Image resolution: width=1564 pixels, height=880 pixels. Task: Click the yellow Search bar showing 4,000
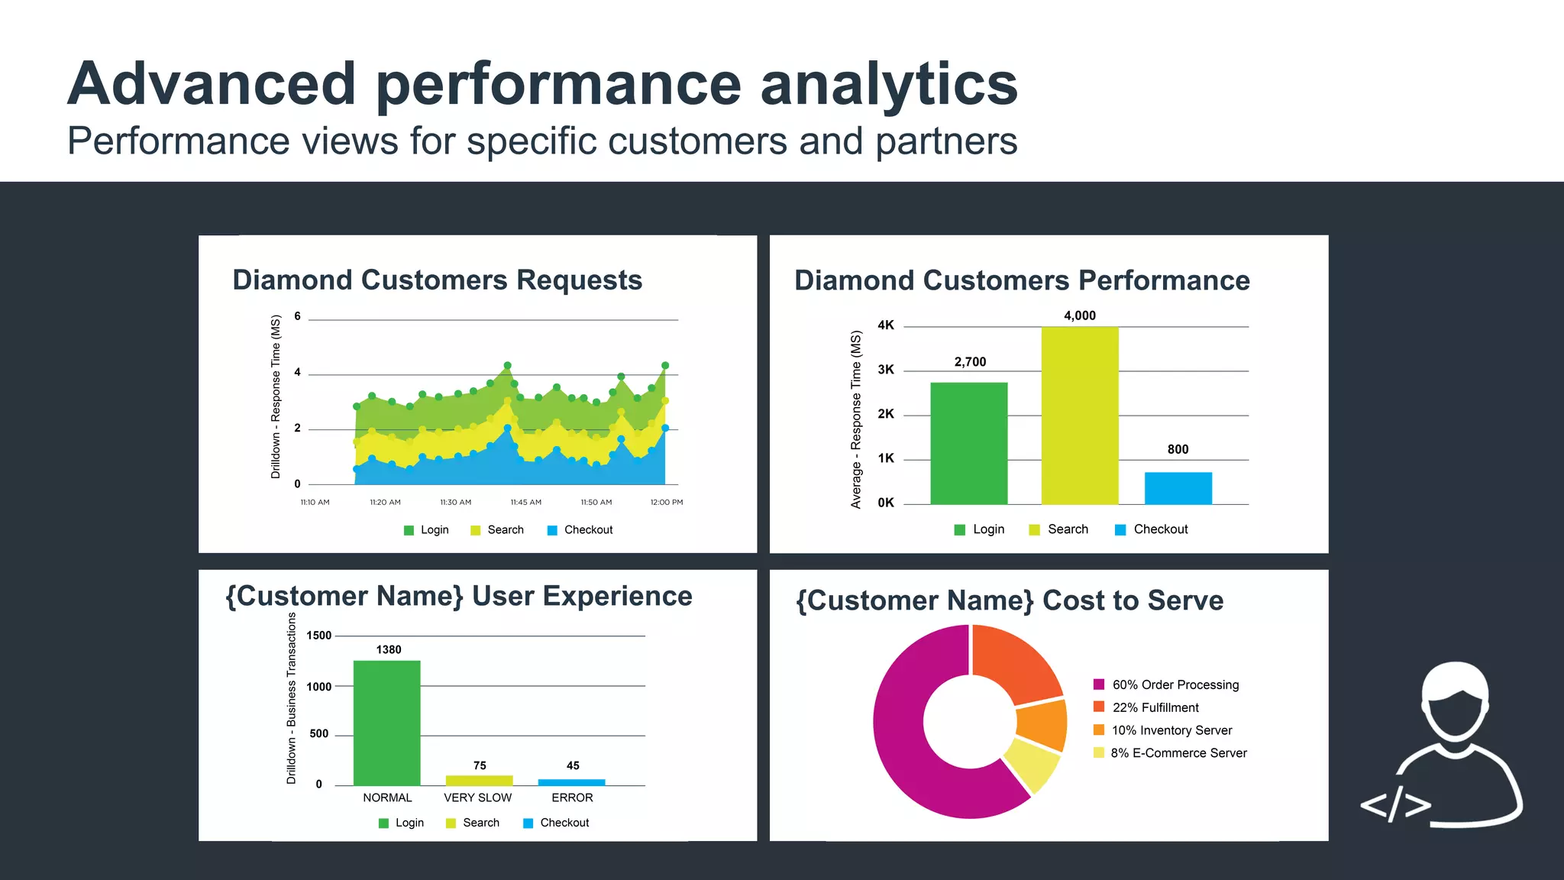[x=1080, y=416]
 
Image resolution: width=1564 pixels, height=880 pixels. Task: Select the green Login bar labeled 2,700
[x=968, y=443]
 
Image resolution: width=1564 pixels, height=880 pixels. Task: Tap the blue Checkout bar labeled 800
[x=1178, y=488]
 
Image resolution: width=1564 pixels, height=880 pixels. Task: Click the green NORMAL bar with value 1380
[x=386, y=723]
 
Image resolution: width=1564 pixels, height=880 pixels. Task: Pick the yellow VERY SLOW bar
[x=479, y=781]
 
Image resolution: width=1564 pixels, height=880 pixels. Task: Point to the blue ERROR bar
[x=571, y=782]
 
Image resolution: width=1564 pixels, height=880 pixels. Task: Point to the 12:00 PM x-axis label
[x=666, y=503]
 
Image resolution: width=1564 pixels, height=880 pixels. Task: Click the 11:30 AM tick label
[x=455, y=503]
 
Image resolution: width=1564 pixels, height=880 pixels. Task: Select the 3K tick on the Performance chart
[x=886, y=370]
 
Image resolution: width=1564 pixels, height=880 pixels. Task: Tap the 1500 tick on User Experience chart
[x=318, y=636]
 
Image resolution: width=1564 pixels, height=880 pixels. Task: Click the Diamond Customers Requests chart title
[x=437, y=280]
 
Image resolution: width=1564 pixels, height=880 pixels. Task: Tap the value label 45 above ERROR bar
[x=573, y=765]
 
